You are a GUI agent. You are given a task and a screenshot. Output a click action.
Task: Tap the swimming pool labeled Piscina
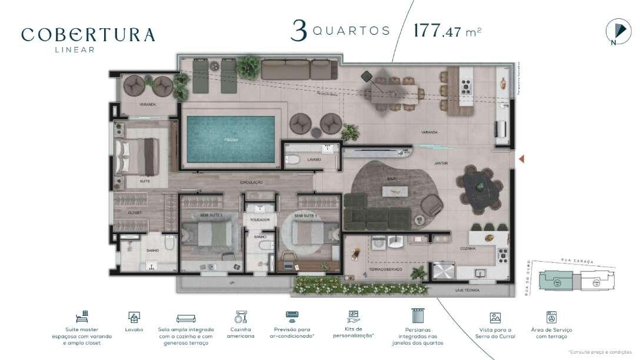[230, 139]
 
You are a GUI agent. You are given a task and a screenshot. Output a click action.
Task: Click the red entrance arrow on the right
[521, 158]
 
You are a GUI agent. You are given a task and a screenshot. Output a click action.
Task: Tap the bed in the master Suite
[137, 156]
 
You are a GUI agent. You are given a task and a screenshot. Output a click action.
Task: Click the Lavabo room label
[314, 159]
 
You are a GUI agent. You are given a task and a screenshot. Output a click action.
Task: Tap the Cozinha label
[468, 249]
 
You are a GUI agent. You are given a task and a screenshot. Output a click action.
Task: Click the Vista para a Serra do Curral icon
[495, 318]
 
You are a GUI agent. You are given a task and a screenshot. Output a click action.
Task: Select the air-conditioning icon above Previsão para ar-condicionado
[292, 315]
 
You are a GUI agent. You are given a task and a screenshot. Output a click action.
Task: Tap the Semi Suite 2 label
[211, 216]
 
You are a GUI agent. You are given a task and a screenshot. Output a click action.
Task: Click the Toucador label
[259, 220]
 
